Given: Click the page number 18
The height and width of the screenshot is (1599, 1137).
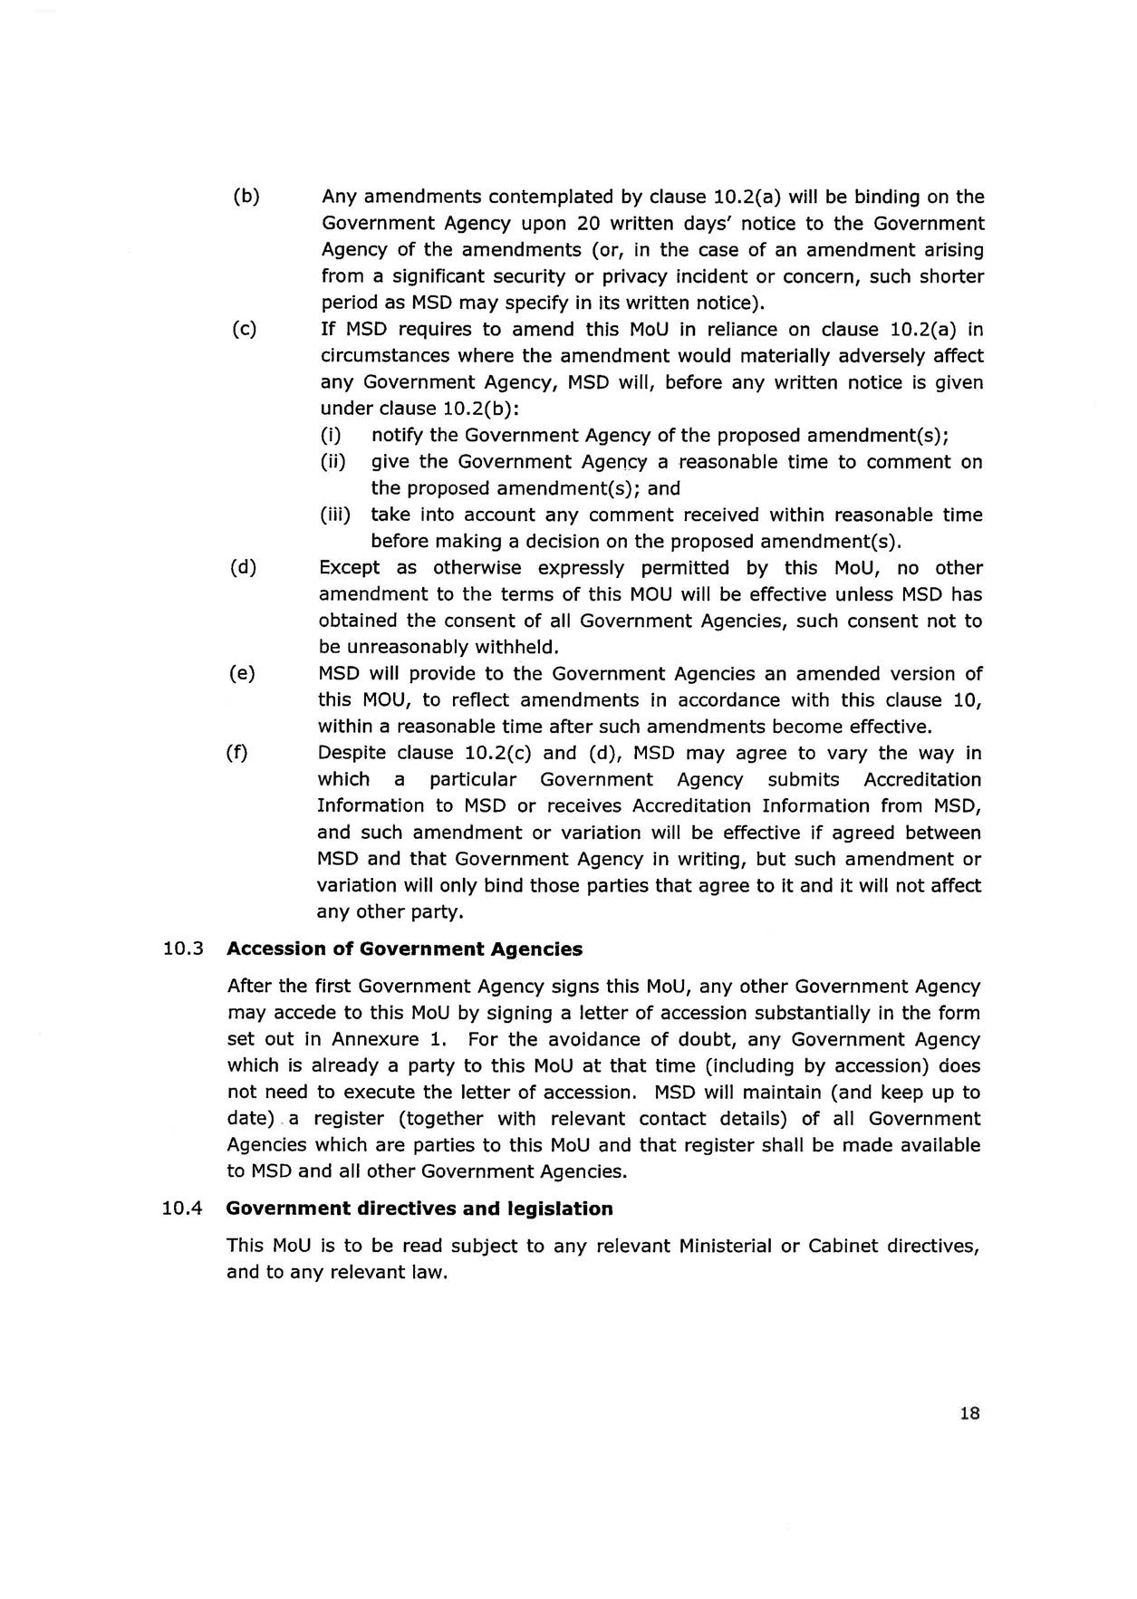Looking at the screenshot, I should click(x=968, y=1413).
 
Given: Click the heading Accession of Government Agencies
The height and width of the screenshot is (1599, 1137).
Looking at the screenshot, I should click(x=404, y=949).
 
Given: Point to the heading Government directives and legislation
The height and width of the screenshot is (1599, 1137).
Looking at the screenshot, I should click(x=419, y=1209).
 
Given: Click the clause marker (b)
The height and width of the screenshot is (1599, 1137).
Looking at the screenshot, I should click(x=246, y=197).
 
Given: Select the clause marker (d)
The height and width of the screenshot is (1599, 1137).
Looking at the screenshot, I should click(x=243, y=568).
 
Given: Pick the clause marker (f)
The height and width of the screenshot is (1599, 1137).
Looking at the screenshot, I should click(x=237, y=753).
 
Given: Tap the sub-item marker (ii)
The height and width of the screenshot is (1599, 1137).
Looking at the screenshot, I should click(x=333, y=462).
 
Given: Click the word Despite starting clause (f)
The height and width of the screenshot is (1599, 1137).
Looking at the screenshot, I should click(x=353, y=753).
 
